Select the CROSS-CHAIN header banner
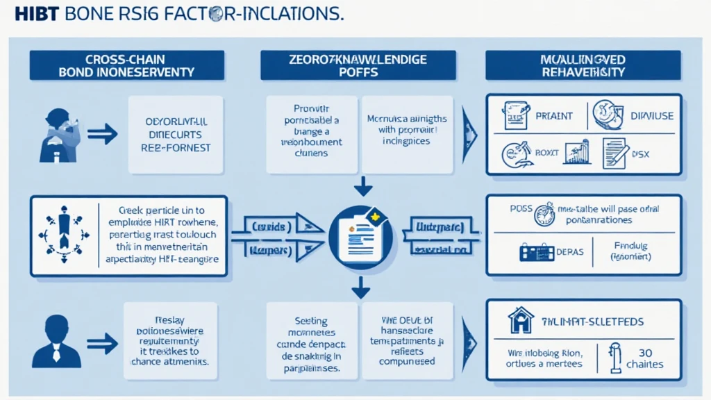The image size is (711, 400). coord(126,65)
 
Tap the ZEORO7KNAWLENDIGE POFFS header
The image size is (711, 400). coord(358,65)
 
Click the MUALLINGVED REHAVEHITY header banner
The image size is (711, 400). coord(583,65)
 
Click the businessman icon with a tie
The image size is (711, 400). coord(57,340)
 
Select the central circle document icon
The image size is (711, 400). coord(358,235)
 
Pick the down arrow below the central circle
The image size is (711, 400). coord(359,286)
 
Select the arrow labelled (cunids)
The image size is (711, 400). coord(271,227)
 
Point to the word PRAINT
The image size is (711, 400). coord(554,116)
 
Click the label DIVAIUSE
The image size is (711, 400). coord(651,116)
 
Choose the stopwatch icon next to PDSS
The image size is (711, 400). coord(544,215)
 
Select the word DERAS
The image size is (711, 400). coord(570,252)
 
